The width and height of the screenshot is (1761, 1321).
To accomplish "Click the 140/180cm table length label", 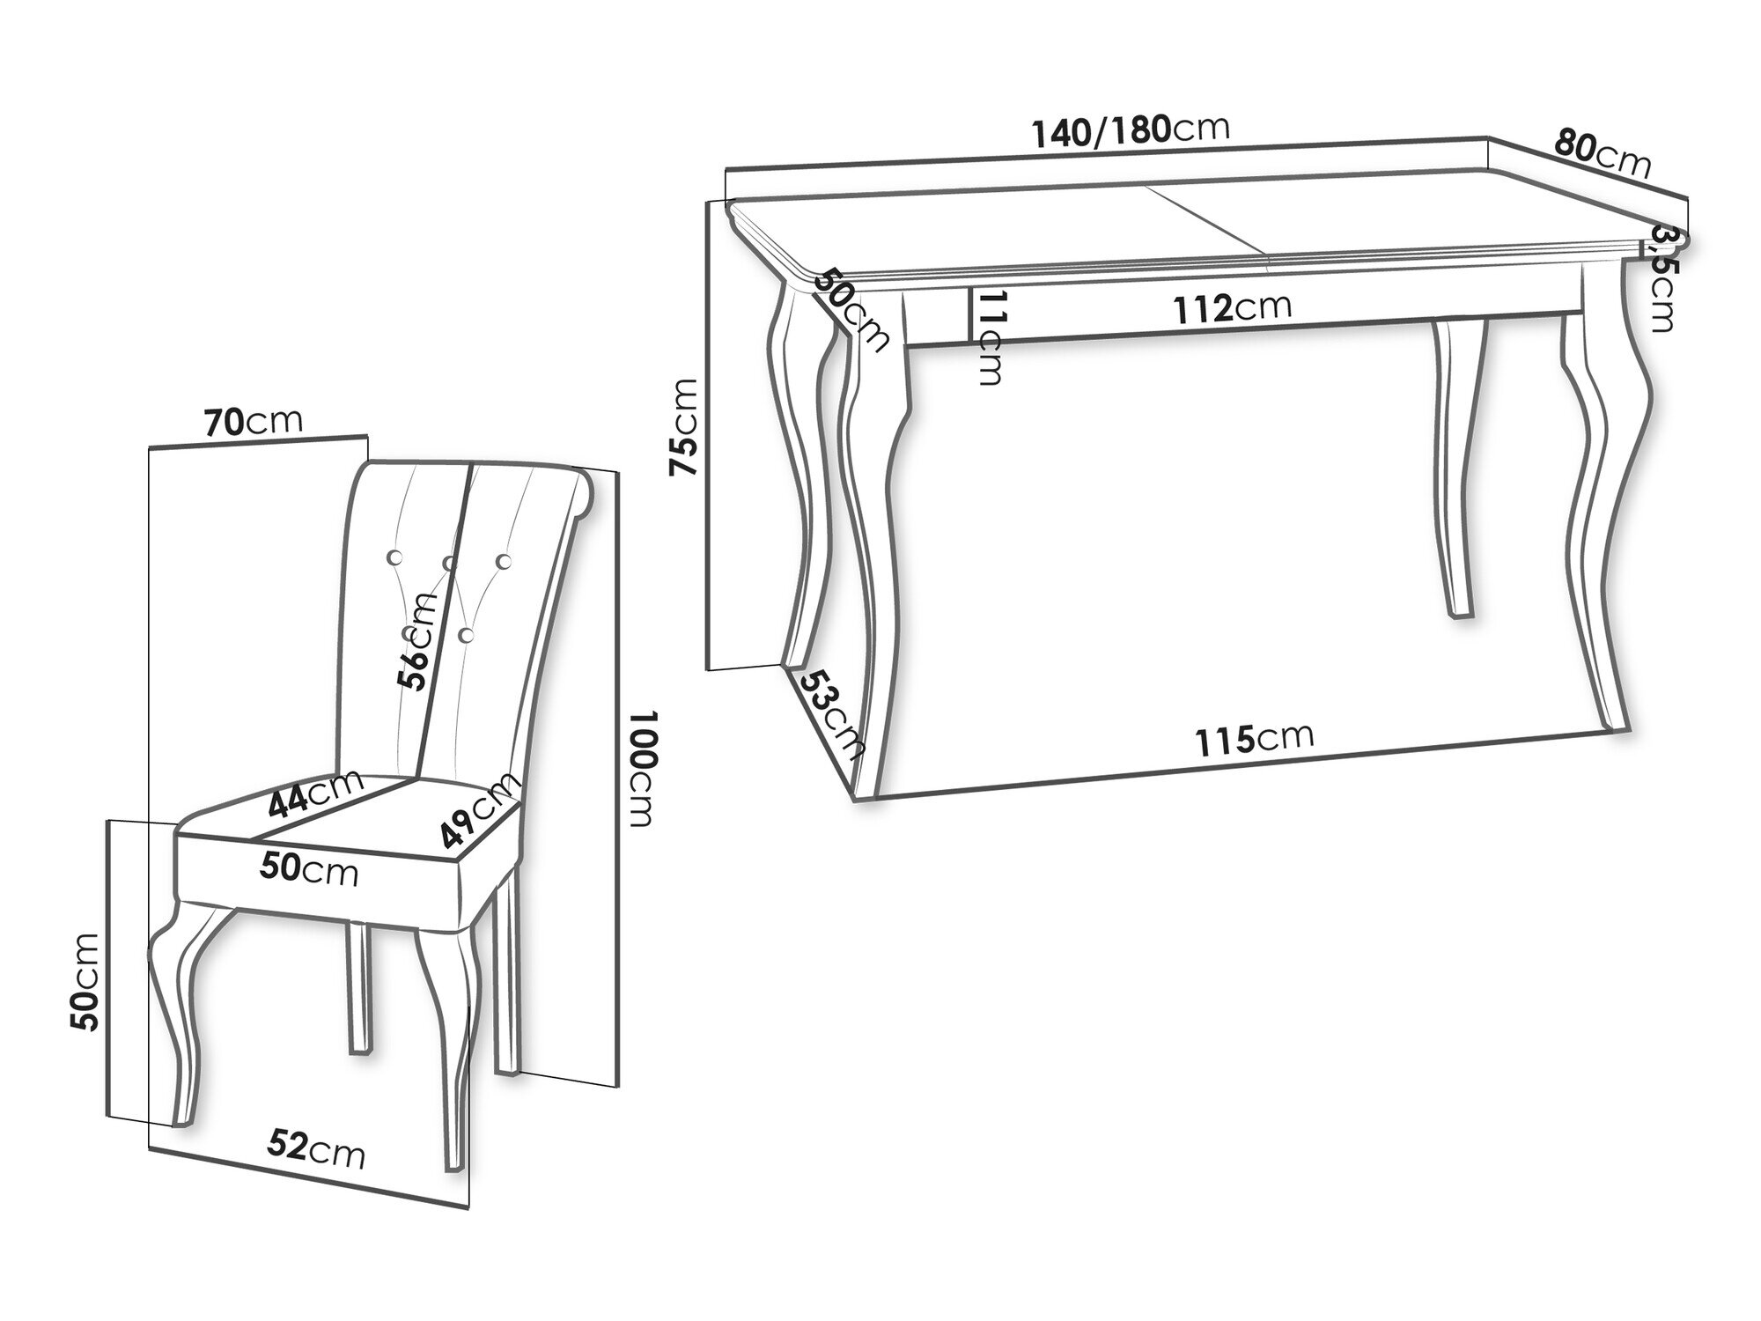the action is tap(1131, 130).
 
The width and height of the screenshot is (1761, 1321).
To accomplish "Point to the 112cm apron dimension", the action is tap(1233, 307).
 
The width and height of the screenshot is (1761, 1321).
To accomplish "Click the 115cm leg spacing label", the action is tap(1254, 738).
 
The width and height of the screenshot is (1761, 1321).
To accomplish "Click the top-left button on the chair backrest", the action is tap(394, 557).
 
